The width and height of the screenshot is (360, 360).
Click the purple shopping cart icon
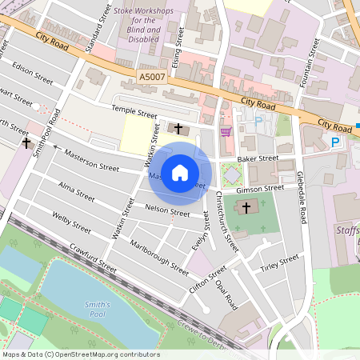pyautogui.click(x=226, y=131)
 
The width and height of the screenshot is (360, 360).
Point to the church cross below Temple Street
pyautogui.click(x=178, y=128)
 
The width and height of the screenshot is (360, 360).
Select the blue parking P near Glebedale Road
pyautogui.click(x=335, y=142)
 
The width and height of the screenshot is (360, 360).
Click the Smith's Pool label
pyautogui.click(x=100, y=308)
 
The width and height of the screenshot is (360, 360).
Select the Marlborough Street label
pyautogui.click(x=158, y=253)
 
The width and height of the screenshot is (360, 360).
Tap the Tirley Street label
pyautogui.click(x=279, y=263)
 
